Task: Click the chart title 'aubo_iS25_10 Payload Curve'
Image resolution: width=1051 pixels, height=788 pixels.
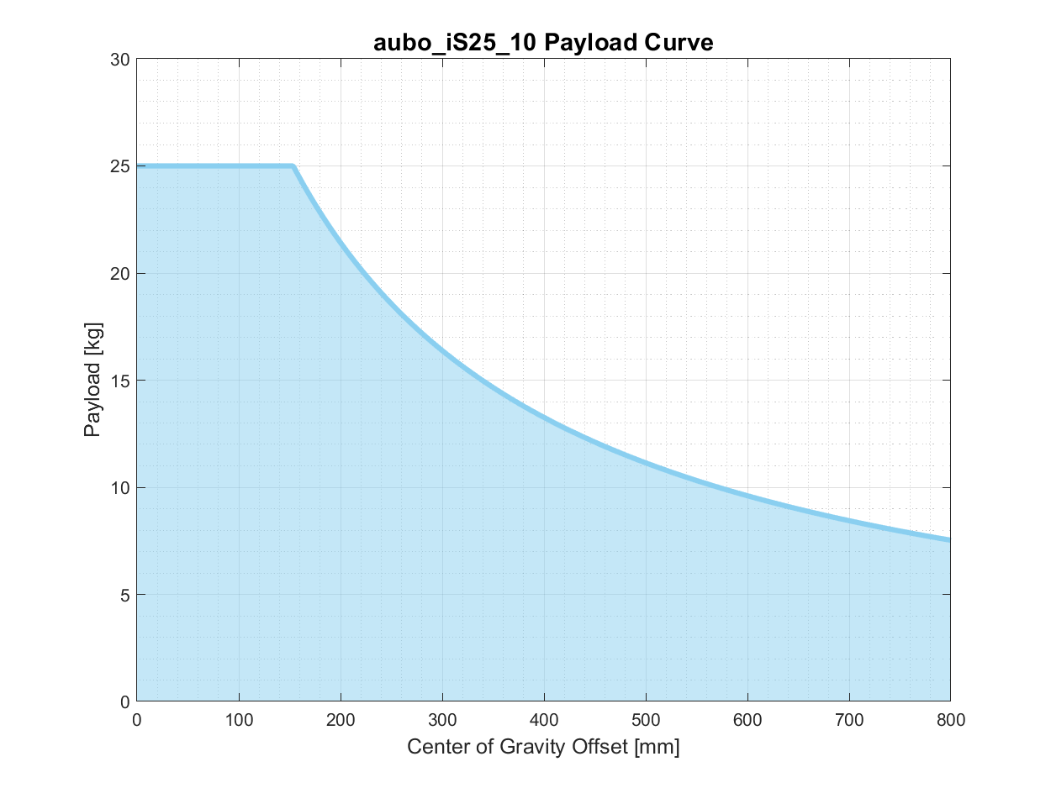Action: (x=543, y=43)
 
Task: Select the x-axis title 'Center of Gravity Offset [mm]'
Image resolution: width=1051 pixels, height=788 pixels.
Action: (x=543, y=747)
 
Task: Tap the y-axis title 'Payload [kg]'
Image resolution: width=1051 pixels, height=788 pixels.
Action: (x=92, y=380)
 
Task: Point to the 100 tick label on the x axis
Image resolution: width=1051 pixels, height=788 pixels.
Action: (x=239, y=720)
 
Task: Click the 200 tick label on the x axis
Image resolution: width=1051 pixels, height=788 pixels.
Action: (x=341, y=720)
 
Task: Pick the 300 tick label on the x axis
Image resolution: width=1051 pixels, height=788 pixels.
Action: (x=442, y=720)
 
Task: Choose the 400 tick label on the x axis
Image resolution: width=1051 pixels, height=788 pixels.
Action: (x=544, y=720)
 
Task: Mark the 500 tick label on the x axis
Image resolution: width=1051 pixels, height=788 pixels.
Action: (x=646, y=720)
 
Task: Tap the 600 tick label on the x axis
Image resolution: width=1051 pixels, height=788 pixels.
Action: (x=747, y=720)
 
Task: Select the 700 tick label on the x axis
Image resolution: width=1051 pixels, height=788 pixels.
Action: (x=849, y=720)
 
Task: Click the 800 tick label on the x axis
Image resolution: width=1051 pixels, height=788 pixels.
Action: (x=950, y=720)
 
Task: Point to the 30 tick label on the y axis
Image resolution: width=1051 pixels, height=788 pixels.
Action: (x=119, y=60)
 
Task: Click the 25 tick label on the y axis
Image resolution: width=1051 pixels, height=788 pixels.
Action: (x=119, y=166)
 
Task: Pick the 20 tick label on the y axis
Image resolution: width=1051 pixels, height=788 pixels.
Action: (x=119, y=274)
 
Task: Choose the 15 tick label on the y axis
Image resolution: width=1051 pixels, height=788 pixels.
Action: (x=119, y=381)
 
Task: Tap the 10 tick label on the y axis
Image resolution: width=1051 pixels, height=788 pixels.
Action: (x=119, y=487)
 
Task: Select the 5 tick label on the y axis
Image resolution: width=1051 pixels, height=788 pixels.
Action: (x=124, y=595)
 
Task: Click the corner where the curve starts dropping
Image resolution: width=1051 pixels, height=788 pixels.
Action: (x=293, y=166)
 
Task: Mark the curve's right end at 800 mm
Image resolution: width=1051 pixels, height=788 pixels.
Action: (x=949, y=539)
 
